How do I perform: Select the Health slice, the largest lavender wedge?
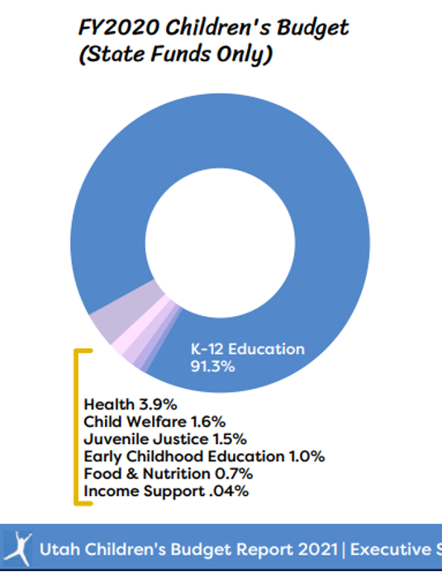coord(124,310)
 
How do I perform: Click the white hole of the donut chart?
coord(220,243)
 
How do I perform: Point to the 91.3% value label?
coord(213,366)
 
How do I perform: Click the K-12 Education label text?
coord(248,349)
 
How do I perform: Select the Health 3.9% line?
coord(131,404)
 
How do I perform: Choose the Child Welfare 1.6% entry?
coord(154,422)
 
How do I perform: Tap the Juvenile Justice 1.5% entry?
coord(165,439)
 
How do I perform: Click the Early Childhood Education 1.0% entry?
coord(204,456)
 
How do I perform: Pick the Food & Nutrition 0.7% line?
coord(169,474)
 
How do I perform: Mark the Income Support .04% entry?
coord(166,491)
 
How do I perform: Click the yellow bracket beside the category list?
coord(76,427)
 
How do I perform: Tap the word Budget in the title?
coord(312,28)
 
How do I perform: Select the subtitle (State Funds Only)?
coord(175,54)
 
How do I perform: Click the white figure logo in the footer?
coord(18,548)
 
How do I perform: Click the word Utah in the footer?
coord(59,550)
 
